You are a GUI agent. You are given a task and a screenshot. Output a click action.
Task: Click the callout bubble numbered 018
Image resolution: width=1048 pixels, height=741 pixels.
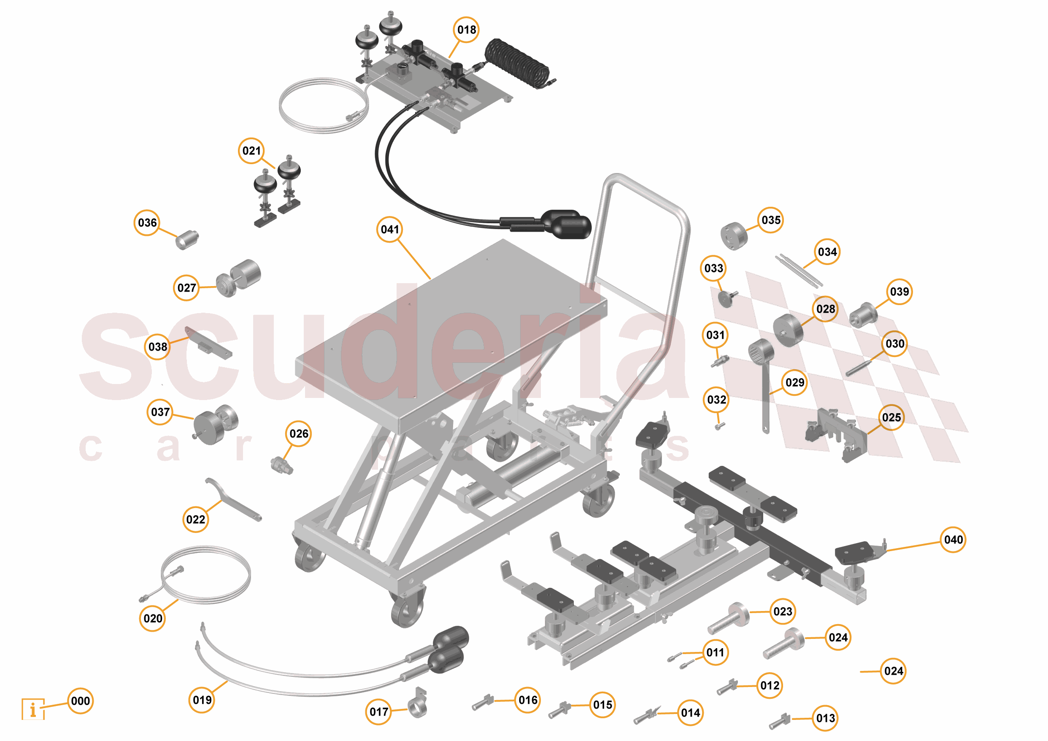pyautogui.click(x=466, y=30)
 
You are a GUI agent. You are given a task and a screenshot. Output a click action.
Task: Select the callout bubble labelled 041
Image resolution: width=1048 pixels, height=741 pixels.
pyautogui.click(x=389, y=229)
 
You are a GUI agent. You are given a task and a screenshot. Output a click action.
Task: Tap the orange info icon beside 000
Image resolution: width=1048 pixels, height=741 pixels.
pyautogui.click(x=33, y=709)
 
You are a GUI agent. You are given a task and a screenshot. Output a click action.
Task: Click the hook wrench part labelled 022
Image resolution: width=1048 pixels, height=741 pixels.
pyautogui.click(x=233, y=500)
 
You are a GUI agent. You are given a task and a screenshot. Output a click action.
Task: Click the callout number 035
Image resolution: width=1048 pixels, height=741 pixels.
pyautogui.click(x=770, y=220)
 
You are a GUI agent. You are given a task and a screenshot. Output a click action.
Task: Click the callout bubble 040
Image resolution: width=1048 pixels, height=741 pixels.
pyautogui.click(x=953, y=540)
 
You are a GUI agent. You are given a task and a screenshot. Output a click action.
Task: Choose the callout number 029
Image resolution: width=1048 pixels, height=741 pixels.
pyautogui.click(x=795, y=383)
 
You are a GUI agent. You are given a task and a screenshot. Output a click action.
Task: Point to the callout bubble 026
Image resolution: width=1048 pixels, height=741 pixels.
pyautogui.click(x=299, y=434)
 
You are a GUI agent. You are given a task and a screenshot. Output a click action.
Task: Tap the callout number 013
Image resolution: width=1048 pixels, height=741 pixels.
pyautogui.click(x=825, y=718)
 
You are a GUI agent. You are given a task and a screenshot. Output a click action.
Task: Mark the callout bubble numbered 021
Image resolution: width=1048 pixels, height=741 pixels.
pyautogui.click(x=251, y=151)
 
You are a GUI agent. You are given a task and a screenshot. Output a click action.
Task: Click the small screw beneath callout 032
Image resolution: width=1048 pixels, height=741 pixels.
pyautogui.click(x=719, y=426)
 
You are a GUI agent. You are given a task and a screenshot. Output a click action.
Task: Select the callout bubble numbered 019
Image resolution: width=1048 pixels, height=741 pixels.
pyautogui.click(x=202, y=700)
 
